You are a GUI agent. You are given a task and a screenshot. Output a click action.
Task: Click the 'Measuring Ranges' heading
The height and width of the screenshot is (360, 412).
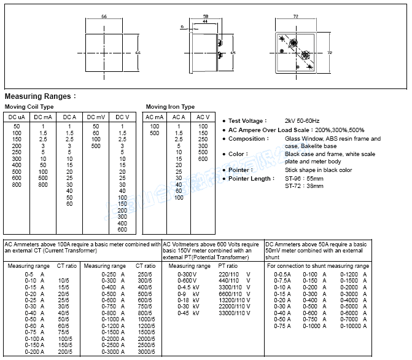click(40, 96)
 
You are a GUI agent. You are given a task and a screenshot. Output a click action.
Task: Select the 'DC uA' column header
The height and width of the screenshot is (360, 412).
click(17, 117)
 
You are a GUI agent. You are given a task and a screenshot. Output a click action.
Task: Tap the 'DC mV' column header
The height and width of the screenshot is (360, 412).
click(96, 117)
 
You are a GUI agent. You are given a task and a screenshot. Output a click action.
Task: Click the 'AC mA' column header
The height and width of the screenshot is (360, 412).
click(155, 117)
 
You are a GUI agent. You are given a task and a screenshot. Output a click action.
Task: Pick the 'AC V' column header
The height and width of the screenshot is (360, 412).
click(203, 117)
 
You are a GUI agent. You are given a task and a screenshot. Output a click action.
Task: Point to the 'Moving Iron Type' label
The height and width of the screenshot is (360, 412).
click(170, 107)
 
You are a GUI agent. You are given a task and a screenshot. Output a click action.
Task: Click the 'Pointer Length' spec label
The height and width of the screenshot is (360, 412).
click(251, 179)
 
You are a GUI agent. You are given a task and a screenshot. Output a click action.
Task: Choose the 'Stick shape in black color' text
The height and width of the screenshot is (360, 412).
click(318, 170)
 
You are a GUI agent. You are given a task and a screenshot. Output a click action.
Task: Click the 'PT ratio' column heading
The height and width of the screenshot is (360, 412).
click(228, 266)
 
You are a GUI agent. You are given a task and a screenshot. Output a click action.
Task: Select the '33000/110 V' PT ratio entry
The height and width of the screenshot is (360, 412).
click(235, 313)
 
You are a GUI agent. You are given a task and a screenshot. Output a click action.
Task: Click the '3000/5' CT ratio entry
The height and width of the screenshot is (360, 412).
click(145, 351)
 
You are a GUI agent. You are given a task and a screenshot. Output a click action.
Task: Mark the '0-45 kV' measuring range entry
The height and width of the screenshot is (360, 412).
click(185, 313)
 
